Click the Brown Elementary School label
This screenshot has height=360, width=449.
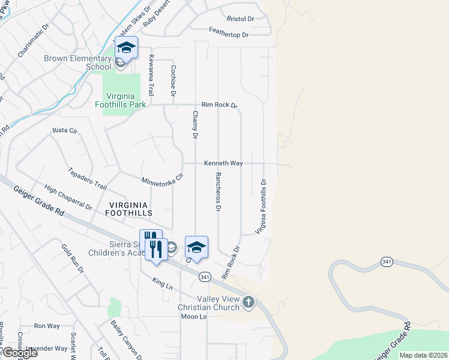point(78,62)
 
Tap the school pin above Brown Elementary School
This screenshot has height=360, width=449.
point(127,47)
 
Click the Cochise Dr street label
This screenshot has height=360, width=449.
point(173,81)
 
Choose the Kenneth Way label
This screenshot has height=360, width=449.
point(223,163)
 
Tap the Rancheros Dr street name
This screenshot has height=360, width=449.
point(218,192)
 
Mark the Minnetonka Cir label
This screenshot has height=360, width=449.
point(161,179)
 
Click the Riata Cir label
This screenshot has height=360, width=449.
point(65,130)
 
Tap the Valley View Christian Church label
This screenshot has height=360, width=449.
point(218,303)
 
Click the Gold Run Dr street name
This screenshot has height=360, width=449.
point(73,259)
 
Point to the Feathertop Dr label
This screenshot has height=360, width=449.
point(229,35)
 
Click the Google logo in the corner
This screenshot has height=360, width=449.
point(20,353)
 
